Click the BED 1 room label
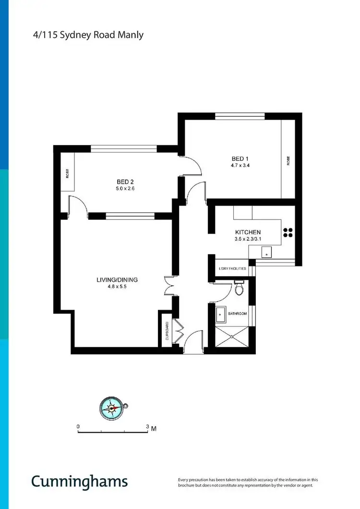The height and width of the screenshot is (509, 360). pos(240,159)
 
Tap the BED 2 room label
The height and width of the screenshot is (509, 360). pos(125,182)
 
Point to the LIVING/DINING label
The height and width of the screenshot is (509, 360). pos(112,280)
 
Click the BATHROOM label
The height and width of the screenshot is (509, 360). pos(238,314)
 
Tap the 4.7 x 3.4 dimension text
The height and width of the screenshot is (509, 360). pos(240,166)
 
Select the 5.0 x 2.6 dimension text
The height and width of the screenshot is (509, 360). pos(125,189)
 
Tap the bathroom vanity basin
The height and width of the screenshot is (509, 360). pos(221,315)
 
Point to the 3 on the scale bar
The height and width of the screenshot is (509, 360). pos(148,426)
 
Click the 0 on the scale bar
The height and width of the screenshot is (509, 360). pos(78,426)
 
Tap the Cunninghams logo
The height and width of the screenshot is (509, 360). pos(80,482)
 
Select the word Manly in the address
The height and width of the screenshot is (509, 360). pos(132,35)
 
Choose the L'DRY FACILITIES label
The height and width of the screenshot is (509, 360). pos(232,269)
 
